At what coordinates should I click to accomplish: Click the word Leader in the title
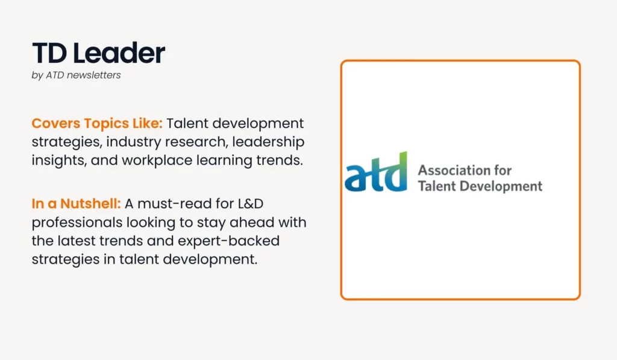click(x=119, y=53)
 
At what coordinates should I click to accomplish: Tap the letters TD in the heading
click(x=49, y=53)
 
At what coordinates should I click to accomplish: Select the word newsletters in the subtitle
click(x=93, y=75)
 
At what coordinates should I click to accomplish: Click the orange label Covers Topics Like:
click(x=97, y=123)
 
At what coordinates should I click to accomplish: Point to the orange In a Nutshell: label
click(x=77, y=204)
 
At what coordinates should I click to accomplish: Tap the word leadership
click(x=268, y=142)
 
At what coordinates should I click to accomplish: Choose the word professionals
click(x=77, y=223)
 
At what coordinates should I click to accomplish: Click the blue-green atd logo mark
click(x=376, y=172)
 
